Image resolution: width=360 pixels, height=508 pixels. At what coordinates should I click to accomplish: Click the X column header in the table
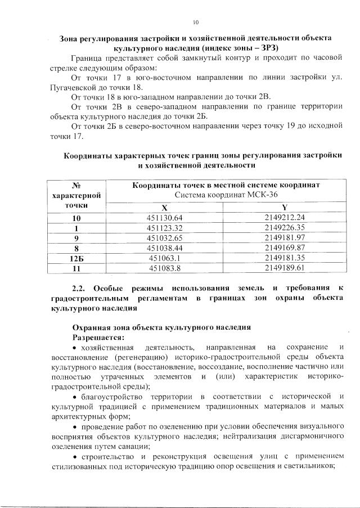165,206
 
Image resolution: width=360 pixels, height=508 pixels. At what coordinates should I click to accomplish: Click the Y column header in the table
284,206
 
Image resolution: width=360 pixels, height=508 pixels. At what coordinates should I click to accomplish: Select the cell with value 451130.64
165,218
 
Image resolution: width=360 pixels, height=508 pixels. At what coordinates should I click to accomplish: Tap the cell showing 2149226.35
284,228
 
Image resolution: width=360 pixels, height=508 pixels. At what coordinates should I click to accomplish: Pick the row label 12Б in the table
76,258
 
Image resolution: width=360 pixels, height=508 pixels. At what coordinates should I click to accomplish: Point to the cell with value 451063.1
165,258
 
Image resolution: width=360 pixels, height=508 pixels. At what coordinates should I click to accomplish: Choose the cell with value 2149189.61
284,268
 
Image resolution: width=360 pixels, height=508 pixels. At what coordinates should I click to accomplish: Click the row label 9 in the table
76,238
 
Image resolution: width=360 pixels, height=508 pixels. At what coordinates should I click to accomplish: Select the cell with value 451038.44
165,248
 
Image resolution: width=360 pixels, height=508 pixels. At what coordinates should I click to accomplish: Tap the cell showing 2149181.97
284,238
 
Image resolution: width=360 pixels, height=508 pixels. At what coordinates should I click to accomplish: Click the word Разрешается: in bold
97,337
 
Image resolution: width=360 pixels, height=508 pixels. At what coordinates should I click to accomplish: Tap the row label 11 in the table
76,268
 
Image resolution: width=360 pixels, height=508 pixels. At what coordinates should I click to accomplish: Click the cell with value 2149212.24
284,218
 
